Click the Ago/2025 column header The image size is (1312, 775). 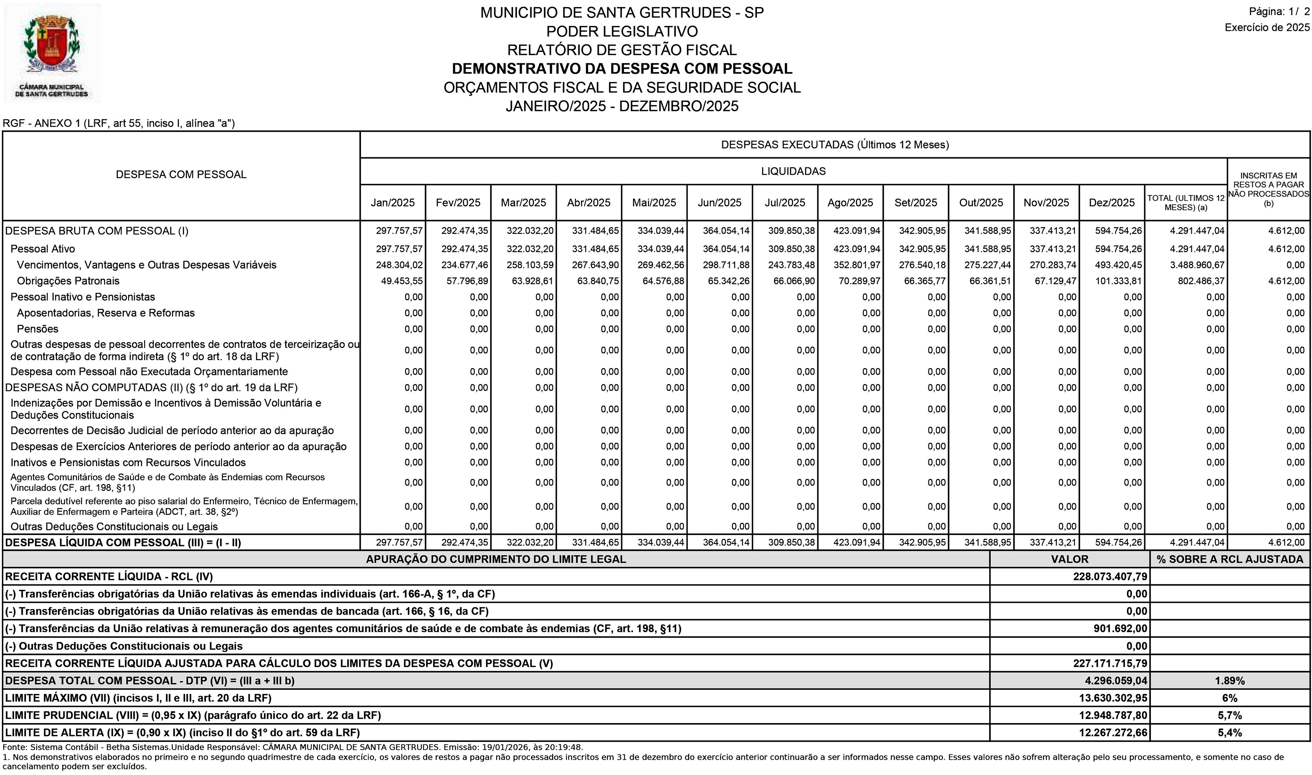(x=850, y=203)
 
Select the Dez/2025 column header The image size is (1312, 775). (x=1111, y=203)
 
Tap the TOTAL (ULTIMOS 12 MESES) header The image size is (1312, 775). (x=1186, y=203)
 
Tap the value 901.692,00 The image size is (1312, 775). (x=1120, y=629)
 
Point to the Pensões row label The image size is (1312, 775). (x=38, y=329)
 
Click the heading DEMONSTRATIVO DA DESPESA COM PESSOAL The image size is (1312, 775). (x=621, y=69)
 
